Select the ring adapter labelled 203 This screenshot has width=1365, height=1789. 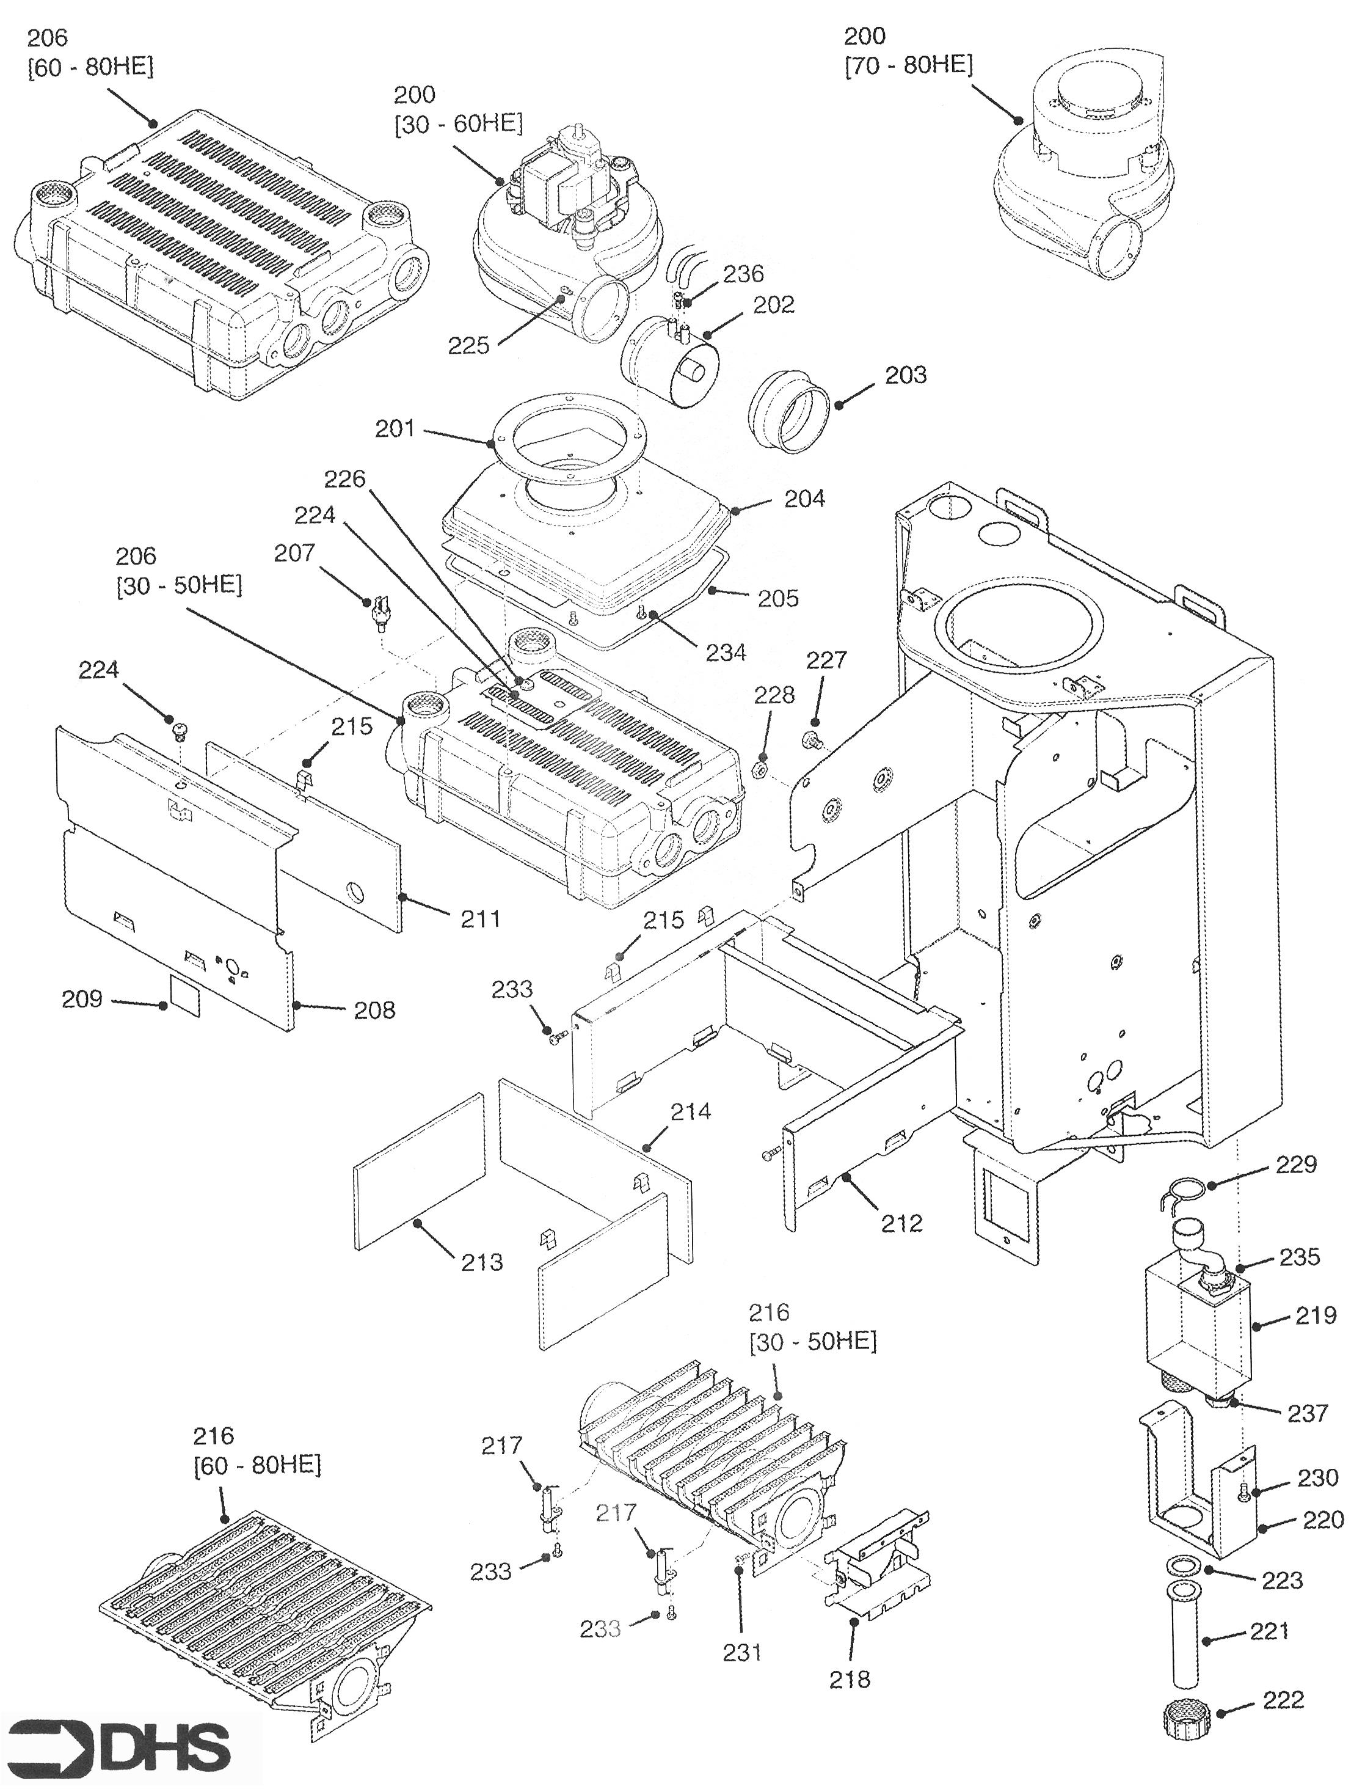[787, 412]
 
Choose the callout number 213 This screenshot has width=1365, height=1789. [482, 1262]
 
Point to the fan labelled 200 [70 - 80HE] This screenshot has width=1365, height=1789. [1080, 175]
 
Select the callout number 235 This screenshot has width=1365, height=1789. [1299, 1257]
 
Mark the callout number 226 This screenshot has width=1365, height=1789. [344, 479]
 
